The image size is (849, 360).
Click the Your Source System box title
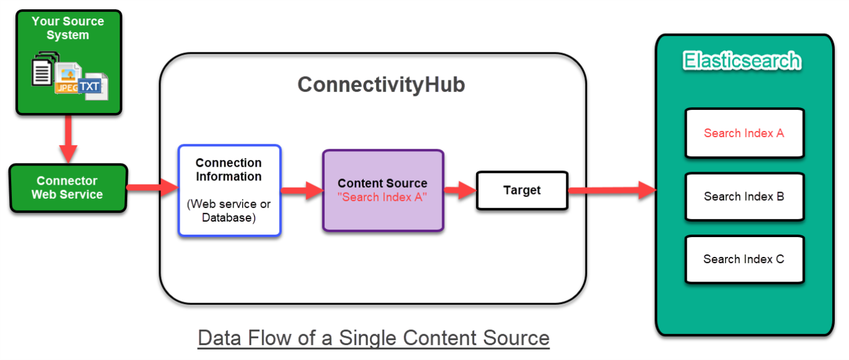click(x=68, y=28)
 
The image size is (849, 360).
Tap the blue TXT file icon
click(x=90, y=86)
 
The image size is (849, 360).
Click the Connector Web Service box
click(x=67, y=188)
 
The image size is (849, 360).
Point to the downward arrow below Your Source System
click(x=68, y=140)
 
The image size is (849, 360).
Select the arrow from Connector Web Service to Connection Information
click(x=152, y=187)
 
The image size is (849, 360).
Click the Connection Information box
click(x=229, y=190)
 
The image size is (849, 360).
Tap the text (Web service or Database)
click(x=228, y=210)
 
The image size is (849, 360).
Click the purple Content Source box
click(x=383, y=190)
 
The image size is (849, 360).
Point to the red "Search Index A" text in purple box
click(x=382, y=197)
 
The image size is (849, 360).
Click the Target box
click(x=522, y=190)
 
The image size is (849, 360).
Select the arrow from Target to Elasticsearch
click(x=611, y=190)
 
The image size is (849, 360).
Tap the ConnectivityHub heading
click(x=381, y=85)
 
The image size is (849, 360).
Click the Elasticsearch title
click(x=742, y=61)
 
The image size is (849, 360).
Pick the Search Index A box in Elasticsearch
click(x=744, y=133)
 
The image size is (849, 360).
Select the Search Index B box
click(x=744, y=197)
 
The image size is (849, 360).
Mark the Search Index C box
click(x=744, y=259)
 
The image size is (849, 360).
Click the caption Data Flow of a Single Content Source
click(x=374, y=338)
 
